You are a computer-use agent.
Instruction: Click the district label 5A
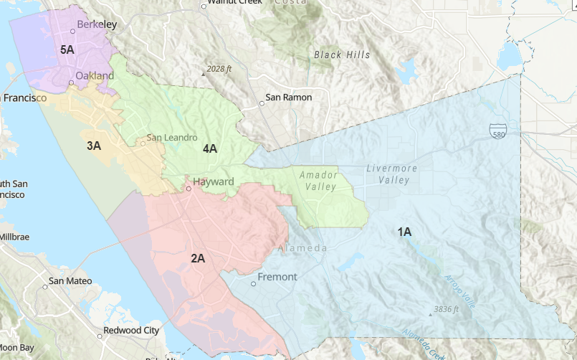[x=67, y=49]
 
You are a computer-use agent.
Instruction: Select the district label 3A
[x=94, y=146]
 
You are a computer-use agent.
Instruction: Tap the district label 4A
[x=210, y=148]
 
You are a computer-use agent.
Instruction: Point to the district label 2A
[x=198, y=257]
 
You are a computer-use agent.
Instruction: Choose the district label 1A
[x=404, y=231]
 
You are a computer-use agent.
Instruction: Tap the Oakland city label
[x=95, y=75]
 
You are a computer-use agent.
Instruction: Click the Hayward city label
[x=213, y=181]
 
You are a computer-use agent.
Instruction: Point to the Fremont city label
[x=277, y=277]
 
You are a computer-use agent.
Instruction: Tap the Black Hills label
[x=342, y=55]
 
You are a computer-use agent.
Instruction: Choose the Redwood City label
[x=131, y=331]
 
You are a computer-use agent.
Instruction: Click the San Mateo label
[x=70, y=280]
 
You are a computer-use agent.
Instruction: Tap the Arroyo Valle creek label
[x=459, y=292]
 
